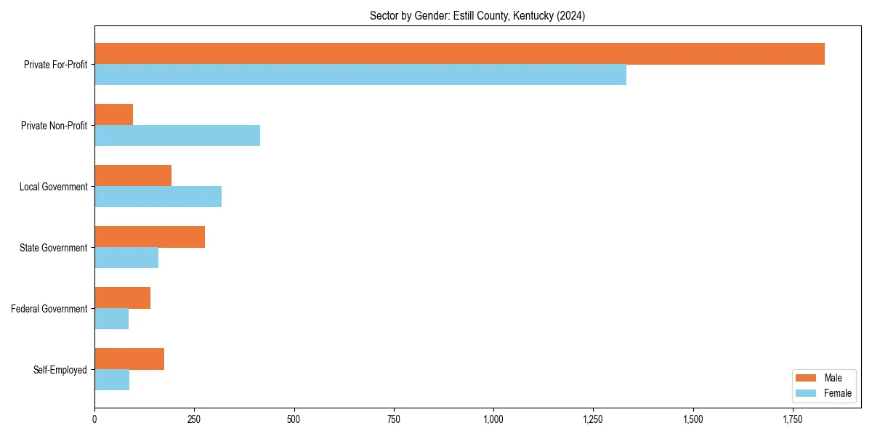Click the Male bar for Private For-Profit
[459, 54]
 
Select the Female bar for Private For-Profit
[360, 75]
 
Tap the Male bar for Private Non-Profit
[114, 115]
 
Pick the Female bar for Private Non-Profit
[177, 136]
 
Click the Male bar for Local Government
[133, 176]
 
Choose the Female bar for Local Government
[158, 197]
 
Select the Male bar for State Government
[150, 237]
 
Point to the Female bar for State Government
[126, 258]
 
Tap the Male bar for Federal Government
[122, 298]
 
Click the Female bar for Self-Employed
[112, 380]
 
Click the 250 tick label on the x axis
[194, 420]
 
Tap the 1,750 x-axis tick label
[793, 420]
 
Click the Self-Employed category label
[60, 370]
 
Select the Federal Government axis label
[49, 309]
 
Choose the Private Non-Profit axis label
[54, 126]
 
